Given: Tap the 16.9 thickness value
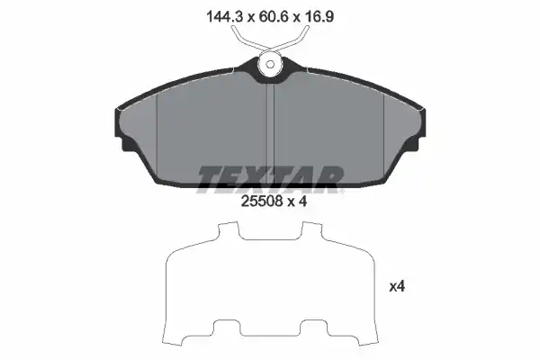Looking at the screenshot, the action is [319, 16].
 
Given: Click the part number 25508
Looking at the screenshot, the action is [262, 201].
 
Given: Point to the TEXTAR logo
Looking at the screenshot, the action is [270, 179].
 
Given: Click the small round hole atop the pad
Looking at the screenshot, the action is [270, 65].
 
